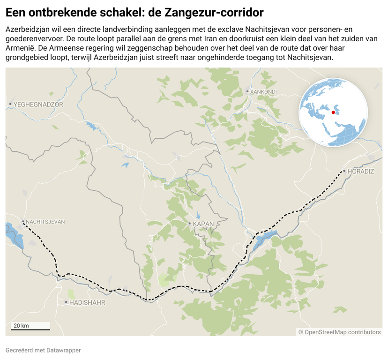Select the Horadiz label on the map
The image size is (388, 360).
pyautogui.click(x=361, y=172)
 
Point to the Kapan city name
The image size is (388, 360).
pyautogui.click(x=203, y=224)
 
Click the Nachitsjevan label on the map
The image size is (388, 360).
pyautogui.click(x=45, y=222)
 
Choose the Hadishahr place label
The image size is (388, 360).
pyautogui.click(x=87, y=303)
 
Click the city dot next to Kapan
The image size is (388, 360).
pyautogui.click(x=189, y=224)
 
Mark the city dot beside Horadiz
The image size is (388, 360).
pyautogui.click(x=344, y=172)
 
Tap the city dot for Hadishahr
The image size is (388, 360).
pyautogui.click(x=66, y=302)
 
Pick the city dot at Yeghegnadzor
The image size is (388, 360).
pyautogui.click(x=10, y=104)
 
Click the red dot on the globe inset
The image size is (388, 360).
pyautogui.click(x=333, y=112)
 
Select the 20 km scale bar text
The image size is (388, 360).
pyautogui.click(x=21, y=325)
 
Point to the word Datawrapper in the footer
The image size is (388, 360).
pyautogui.click(x=64, y=350)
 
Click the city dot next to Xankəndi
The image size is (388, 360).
pyautogui.click(x=247, y=91)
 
